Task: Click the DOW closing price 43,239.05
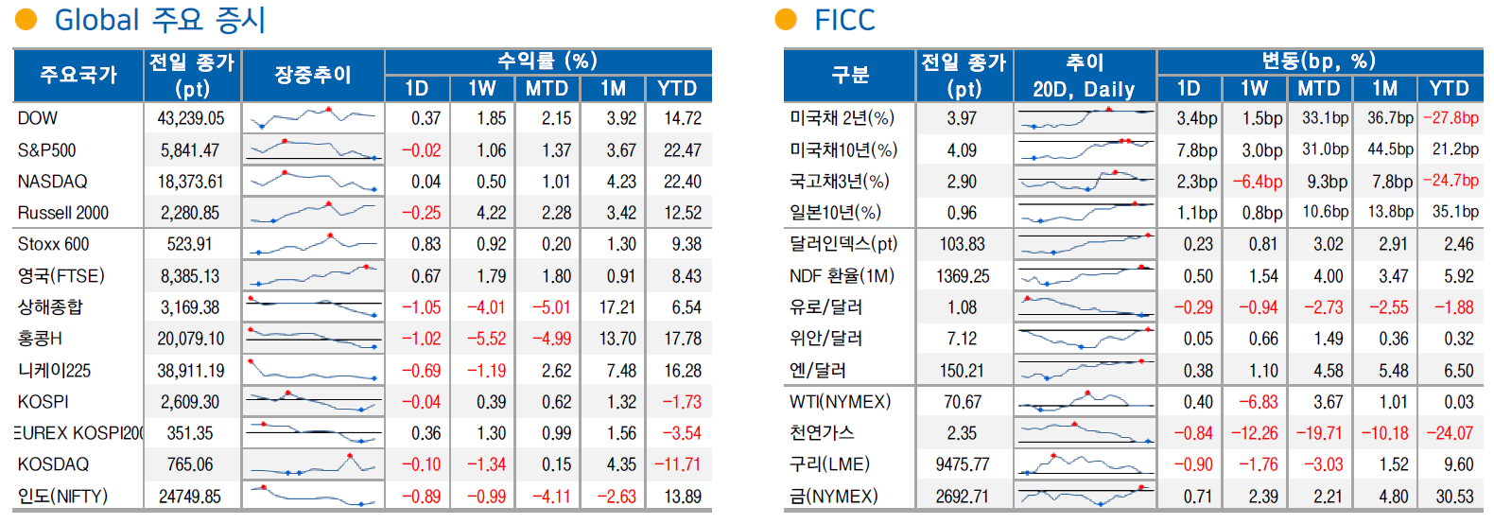pos(191,118)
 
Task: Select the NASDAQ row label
pos(52,182)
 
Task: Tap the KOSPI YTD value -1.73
pos(681,402)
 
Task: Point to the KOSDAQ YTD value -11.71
pos(678,464)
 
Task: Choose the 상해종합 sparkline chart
pos(313,307)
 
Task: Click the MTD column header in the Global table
pos(547,89)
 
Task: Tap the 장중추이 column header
pos(313,75)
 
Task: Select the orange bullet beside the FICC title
pos(786,20)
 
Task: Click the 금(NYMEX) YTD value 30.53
pos(1454,497)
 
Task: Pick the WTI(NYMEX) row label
pos(840,402)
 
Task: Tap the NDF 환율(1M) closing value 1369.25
pos(963,276)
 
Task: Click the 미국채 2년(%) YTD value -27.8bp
pos(1451,118)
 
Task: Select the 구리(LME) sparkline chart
pos(1085,464)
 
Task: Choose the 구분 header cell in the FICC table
pos(849,75)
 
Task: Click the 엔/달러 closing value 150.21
pos(963,371)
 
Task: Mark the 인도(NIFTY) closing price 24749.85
pos(191,497)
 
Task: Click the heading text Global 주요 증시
pos(160,20)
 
